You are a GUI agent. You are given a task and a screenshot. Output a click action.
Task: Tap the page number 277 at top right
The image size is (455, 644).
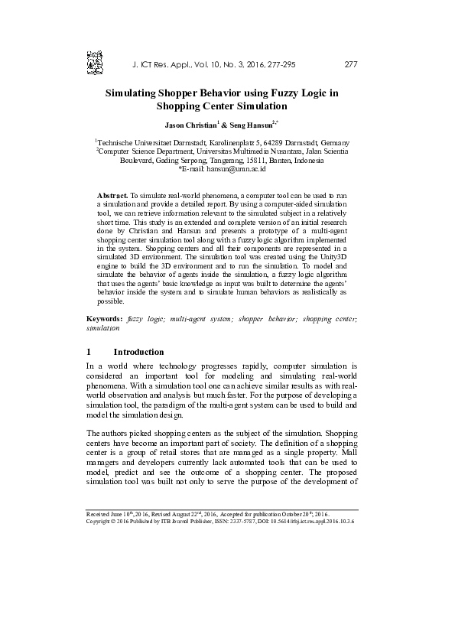coord(351,63)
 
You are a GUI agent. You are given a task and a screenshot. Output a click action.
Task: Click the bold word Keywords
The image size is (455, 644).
coord(104,339)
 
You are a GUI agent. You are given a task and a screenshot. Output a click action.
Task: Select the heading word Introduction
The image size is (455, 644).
coord(138,352)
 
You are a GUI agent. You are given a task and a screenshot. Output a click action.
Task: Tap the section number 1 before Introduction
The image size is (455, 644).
coord(89,352)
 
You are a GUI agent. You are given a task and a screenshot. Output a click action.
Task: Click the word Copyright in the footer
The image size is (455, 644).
coord(100,522)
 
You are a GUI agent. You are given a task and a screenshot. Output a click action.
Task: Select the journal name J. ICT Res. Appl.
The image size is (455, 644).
coord(164,63)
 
